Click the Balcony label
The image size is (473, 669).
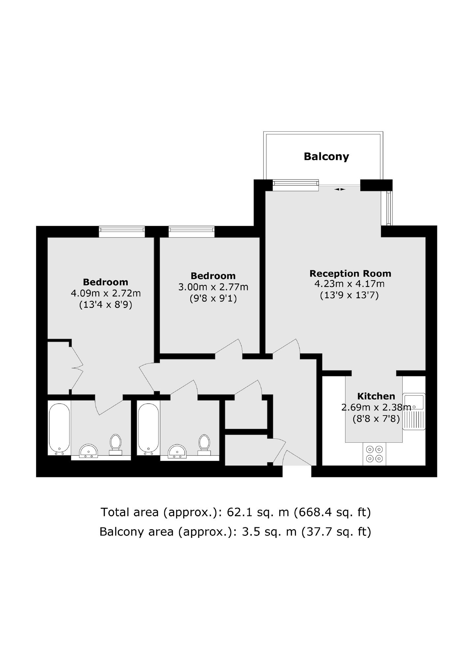pyautogui.click(x=326, y=157)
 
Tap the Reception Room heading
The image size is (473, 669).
pyautogui.click(x=350, y=274)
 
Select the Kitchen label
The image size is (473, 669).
pyautogui.click(x=376, y=396)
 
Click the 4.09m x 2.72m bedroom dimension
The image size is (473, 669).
pyautogui.click(x=106, y=293)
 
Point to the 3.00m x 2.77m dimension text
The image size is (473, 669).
pyautogui.click(x=213, y=287)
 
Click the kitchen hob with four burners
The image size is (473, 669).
pyautogui.click(x=375, y=454)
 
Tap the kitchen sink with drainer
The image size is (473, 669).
pyautogui.click(x=414, y=411)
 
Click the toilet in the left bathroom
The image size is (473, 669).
pyautogui.click(x=115, y=445)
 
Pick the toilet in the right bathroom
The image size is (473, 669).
pyautogui.click(x=204, y=445)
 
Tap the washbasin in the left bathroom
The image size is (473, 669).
pyautogui.click(x=89, y=451)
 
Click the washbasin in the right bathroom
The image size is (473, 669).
pyautogui.click(x=177, y=451)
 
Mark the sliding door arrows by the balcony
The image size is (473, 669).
pyautogui.click(x=340, y=189)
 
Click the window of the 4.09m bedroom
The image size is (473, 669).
pyautogui.click(x=122, y=232)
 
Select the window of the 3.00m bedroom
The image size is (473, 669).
pyautogui.click(x=191, y=232)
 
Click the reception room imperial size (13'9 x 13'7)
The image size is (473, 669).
pyautogui.click(x=349, y=295)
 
